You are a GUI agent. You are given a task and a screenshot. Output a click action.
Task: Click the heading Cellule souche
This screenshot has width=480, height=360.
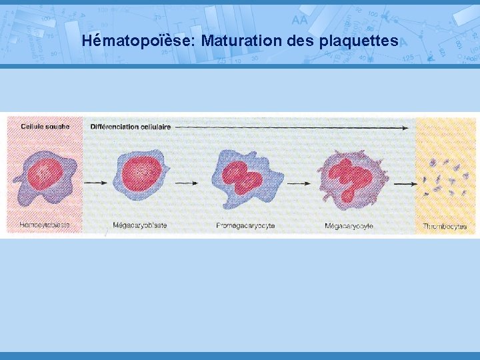tap(45, 127)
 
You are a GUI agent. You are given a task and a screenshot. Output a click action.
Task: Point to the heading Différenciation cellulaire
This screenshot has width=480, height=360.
tap(131, 127)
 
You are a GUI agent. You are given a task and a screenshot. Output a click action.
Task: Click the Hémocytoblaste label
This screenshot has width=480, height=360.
tap(45, 225)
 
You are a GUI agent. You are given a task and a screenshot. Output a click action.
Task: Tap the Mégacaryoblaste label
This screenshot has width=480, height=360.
tap(140, 225)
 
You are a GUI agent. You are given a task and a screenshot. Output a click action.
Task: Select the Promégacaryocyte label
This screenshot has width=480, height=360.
tap(245, 225)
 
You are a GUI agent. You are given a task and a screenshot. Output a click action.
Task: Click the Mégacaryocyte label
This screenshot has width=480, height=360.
tap(349, 226)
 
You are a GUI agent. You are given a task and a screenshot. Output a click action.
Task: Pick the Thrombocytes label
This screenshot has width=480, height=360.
tap(445, 226)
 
